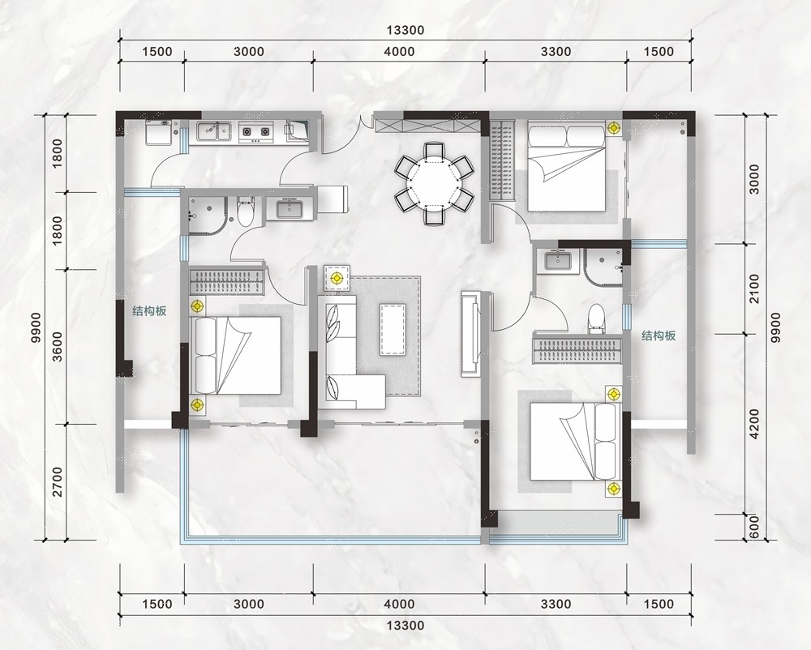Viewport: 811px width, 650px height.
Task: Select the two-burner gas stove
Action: tap(255, 132)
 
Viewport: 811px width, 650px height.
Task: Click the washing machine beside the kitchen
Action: tap(161, 133)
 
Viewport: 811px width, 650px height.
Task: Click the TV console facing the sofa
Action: tap(471, 334)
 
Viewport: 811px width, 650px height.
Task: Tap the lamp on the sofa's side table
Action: tap(337, 279)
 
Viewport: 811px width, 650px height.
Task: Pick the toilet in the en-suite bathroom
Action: tap(596, 318)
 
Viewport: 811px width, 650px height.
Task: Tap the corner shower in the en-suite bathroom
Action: tap(603, 267)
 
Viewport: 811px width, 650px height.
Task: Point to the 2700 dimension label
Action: tap(58, 481)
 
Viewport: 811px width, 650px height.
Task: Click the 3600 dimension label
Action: tap(58, 346)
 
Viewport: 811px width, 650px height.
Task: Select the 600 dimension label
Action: tap(754, 527)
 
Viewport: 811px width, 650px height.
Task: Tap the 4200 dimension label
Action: tap(754, 424)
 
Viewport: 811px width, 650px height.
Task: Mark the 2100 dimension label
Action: tap(754, 289)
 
